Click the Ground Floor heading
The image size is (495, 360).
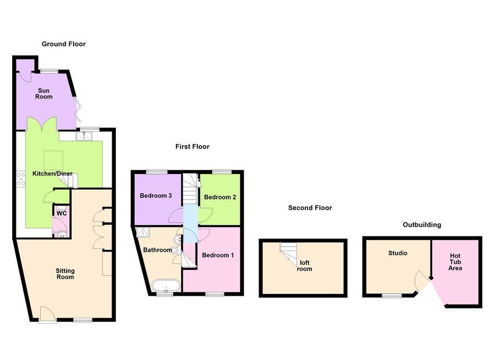64,44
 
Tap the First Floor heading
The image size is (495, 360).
193,147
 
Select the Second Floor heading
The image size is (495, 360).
310,208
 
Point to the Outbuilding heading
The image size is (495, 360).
422,225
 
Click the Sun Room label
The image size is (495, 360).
45,93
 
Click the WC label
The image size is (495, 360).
62,213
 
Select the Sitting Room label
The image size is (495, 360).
65,274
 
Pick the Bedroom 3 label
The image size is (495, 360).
156,196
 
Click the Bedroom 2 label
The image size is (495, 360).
220,197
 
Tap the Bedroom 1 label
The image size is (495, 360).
218,255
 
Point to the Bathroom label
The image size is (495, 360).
157,250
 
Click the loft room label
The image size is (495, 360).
304,266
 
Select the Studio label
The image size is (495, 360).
398,253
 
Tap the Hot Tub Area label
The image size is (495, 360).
455,262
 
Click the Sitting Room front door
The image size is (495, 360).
47,314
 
